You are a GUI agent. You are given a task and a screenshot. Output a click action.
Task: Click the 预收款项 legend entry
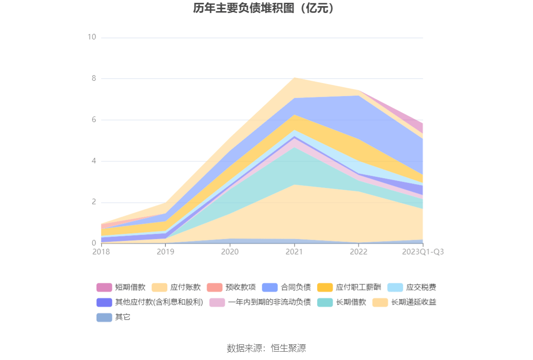pyautogui.click(x=232, y=288)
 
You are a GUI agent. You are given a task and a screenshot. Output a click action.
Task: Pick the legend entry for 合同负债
pyautogui.click(x=287, y=288)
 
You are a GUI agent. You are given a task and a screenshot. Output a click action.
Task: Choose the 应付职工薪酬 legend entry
pyautogui.click(x=349, y=288)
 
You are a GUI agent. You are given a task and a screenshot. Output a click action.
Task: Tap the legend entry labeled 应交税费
pyautogui.click(x=412, y=288)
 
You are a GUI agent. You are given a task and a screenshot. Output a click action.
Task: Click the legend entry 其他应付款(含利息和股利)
pyautogui.click(x=149, y=302)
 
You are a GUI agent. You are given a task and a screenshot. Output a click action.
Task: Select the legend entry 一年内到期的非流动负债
pyautogui.click(x=260, y=302)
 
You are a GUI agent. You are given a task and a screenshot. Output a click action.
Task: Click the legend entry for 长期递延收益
pyautogui.click(x=404, y=302)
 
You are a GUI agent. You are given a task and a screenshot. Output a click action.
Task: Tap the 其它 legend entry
pyautogui.click(x=114, y=317)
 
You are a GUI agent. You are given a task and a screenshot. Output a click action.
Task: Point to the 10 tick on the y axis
pyautogui.click(x=91, y=37)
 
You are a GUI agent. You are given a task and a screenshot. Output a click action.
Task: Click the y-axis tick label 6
pyautogui.click(x=93, y=120)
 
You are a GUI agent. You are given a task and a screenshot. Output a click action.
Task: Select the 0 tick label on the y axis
pyautogui.click(x=93, y=243)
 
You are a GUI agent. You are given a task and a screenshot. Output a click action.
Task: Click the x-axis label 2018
pyautogui.click(x=101, y=251)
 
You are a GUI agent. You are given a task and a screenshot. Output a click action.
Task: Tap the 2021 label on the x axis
pyautogui.click(x=294, y=251)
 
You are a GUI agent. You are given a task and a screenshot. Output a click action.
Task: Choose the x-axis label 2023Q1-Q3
pyautogui.click(x=422, y=251)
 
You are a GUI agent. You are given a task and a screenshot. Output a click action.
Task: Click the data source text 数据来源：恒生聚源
pyautogui.click(x=266, y=348)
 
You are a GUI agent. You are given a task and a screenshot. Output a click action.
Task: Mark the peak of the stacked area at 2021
pyautogui.click(x=294, y=78)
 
